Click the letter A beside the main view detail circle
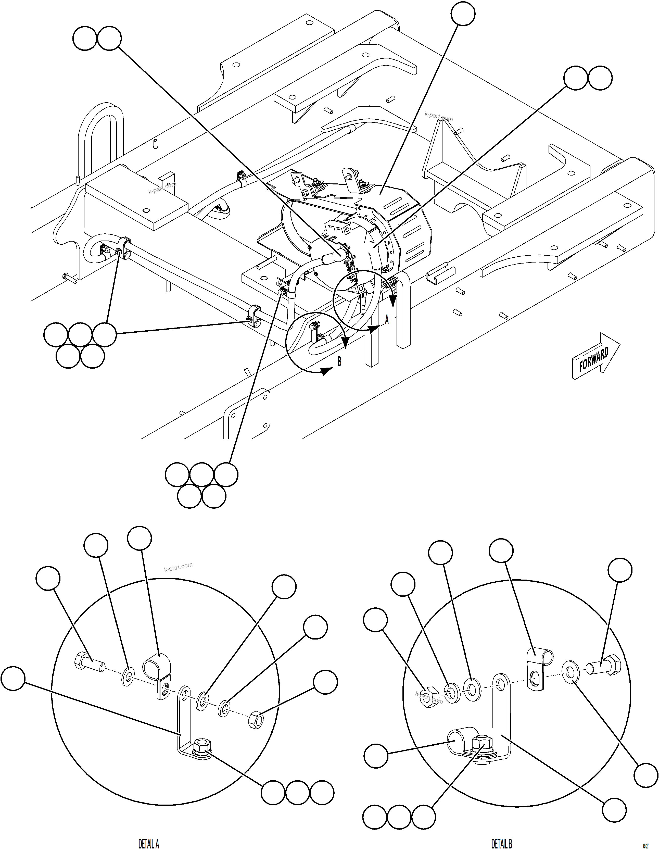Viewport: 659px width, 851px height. point(387,320)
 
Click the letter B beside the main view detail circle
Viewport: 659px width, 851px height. point(339,362)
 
